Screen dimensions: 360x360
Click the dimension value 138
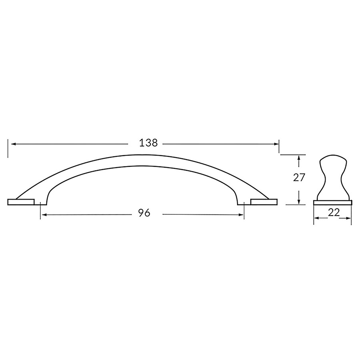coord(149,143)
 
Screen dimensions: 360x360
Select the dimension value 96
coord(144,213)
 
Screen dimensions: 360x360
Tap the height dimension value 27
coord(299,178)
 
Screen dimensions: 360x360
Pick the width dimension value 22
coord(334,212)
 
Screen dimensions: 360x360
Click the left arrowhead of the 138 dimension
coord(12,144)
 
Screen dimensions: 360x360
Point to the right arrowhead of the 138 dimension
coord(276,144)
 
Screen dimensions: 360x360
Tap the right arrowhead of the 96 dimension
coord(241,215)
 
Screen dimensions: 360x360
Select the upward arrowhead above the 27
coord(299,158)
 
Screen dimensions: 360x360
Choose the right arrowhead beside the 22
coord(349,218)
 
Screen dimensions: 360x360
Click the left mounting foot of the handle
coord(24,201)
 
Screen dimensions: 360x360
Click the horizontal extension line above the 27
coord(292,154)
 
